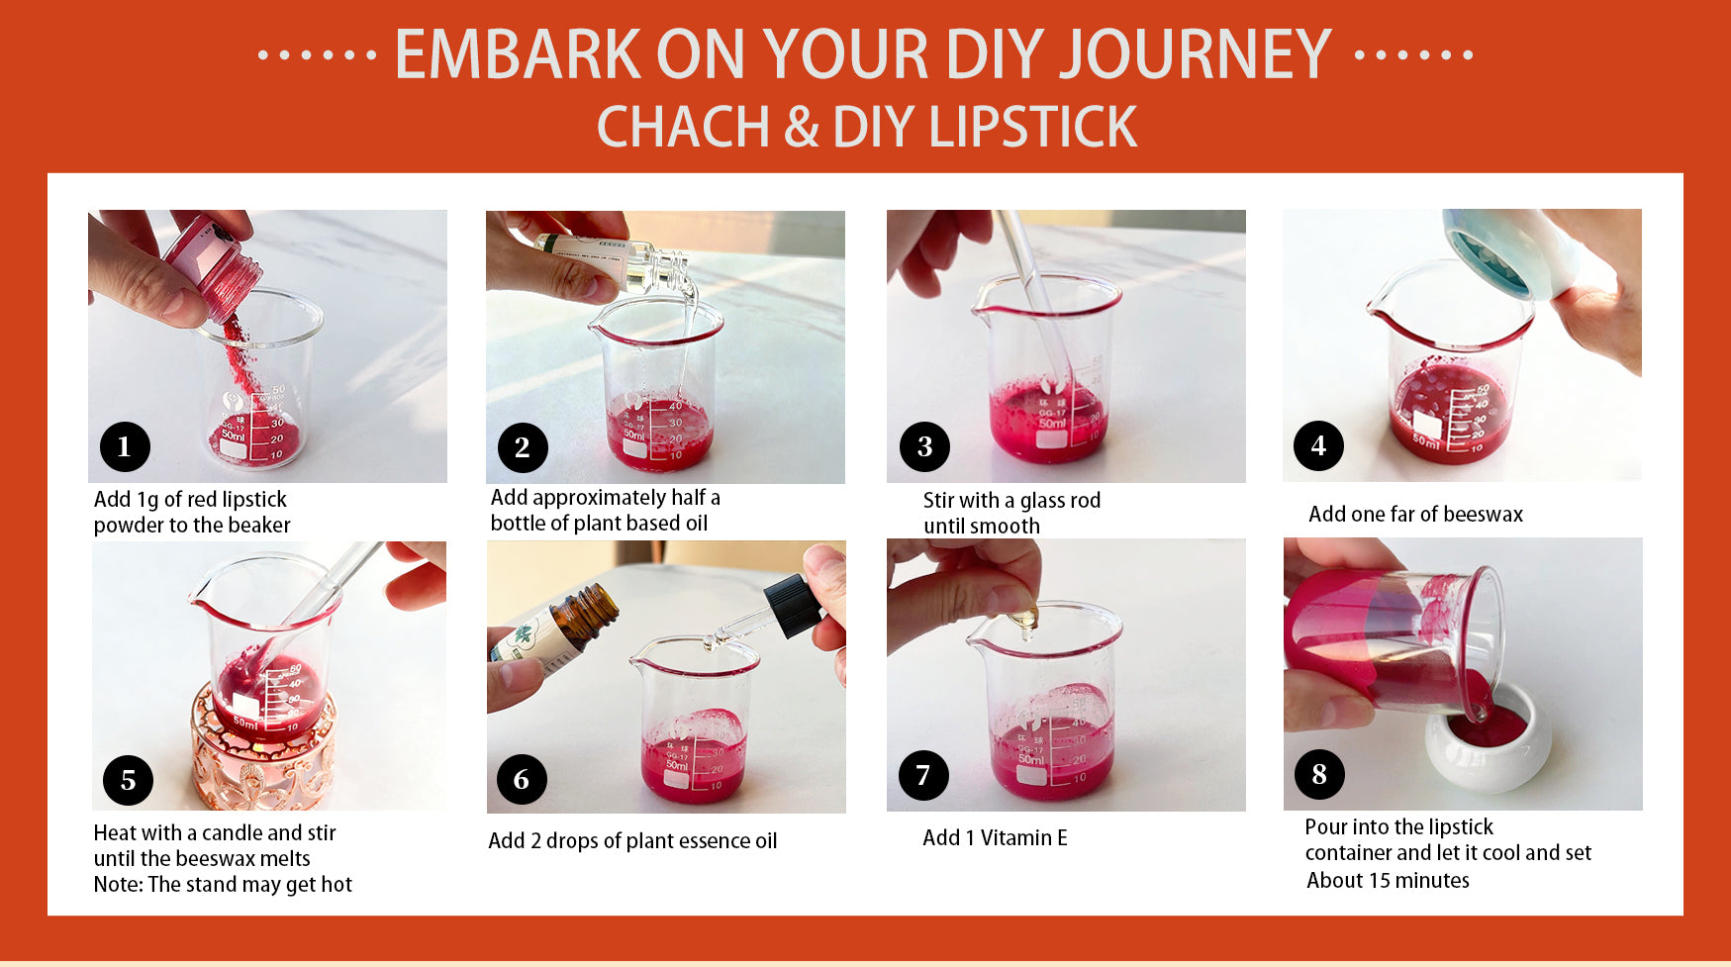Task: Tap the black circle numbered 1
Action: point(125,446)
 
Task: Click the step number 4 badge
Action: point(1318,445)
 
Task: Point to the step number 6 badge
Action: point(522,779)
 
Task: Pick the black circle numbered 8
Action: point(1319,774)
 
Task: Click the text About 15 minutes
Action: point(1388,880)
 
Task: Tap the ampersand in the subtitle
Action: point(802,128)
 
